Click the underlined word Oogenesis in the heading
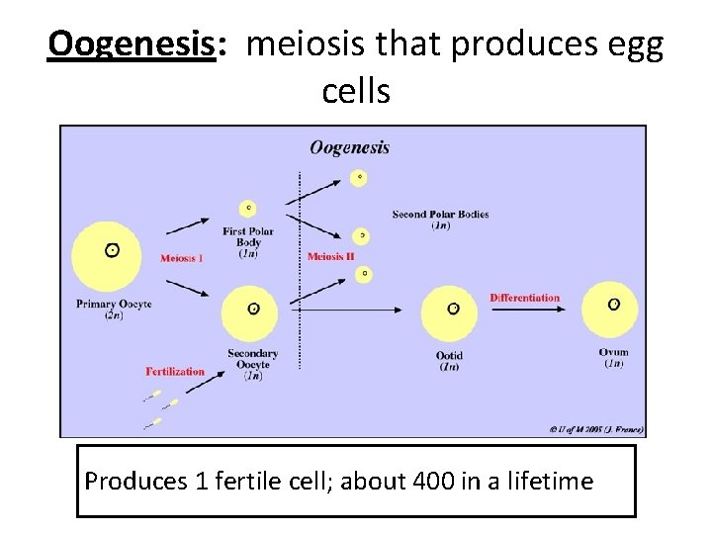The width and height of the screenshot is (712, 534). (132, 44)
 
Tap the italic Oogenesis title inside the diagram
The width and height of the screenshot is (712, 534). (349, 148)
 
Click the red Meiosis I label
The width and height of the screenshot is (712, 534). (182, 259)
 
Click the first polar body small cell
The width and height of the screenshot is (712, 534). (247, 209)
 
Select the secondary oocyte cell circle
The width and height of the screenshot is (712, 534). (253, 310)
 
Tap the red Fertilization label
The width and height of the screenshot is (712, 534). (175, 372)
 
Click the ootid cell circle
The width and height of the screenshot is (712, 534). (453, 310)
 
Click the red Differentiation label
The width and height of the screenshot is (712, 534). (524, 298)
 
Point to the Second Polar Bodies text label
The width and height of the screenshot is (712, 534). (440, 215)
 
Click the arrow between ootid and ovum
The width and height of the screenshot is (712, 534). (528, 310)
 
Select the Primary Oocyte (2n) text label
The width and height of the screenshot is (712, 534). (114, 310)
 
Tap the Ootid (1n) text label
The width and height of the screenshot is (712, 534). (449, 361)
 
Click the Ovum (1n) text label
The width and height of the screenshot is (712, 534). (613, 358)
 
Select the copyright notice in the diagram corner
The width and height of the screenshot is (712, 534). (596, 429)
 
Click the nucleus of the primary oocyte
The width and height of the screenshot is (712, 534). (113, 250)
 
